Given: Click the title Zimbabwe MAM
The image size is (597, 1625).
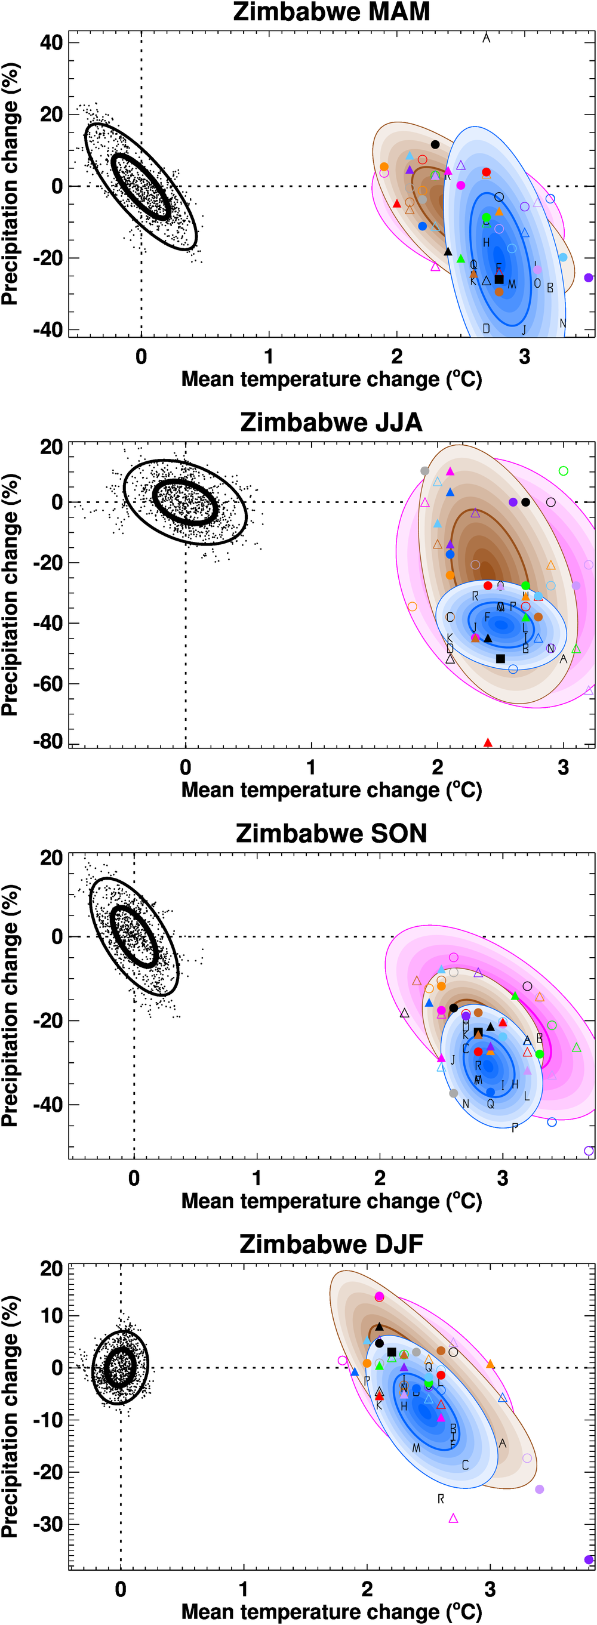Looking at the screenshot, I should pyautogui.click(x=331, y=12).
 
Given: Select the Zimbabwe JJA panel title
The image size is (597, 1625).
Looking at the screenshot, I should pyautogui.click(x=331, y=422).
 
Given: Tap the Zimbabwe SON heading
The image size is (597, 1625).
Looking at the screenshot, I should pyautogui.click(x=331, y=833).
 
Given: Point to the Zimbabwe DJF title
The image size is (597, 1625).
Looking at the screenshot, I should pyautogui.click(x=331, y=1244).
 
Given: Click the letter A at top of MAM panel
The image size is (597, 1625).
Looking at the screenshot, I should pyautogui.click(x=486, y=38).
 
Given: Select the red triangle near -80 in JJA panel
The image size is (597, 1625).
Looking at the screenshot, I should pyautogui.click(x=488, y=742).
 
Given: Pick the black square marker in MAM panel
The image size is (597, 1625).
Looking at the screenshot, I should pyautogui.click(x=499, y=279).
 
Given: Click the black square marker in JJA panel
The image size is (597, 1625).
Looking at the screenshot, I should pyautogui.click(x=500, y=659).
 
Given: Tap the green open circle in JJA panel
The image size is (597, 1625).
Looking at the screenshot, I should pyautogui.click(x=564, y=471).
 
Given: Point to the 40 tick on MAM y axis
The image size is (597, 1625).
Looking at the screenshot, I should pyautogui.click(x=51, y=43).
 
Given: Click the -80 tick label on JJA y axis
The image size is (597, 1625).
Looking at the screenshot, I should pyautogui.click(x=48, y=741).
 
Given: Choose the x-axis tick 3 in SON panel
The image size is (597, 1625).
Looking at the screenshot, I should pyautogui.click(x=502, y=1178).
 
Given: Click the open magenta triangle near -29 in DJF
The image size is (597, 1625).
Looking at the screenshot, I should pyautogui.click(x=453, y=1518).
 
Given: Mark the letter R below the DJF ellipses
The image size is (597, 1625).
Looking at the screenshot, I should pyautogui.click(x=441, y=1498).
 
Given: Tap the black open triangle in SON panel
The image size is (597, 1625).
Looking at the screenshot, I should pyautogui.click(x=405, y=1013).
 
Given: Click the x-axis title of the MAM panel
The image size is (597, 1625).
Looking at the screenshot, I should pyautogui.click(x=331, y=379).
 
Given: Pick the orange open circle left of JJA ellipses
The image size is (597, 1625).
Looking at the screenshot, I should pyautogui.click(x=412, y=607).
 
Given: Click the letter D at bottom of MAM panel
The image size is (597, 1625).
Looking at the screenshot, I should pyautogui.click(x=486, y=329).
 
